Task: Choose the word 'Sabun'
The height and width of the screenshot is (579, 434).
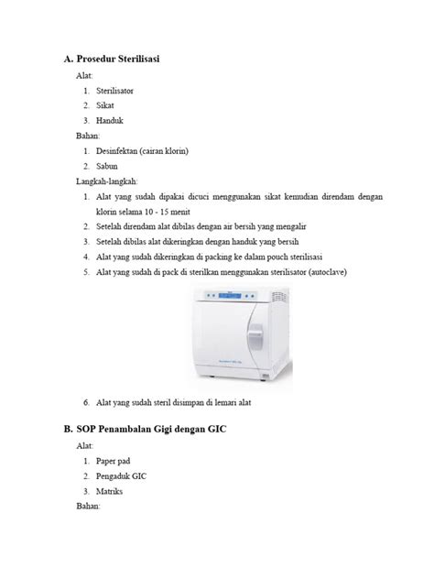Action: coord(107,166)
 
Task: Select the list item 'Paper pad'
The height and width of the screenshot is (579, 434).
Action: coord(114,462)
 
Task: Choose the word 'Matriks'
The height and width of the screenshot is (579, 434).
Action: coord(111,491)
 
